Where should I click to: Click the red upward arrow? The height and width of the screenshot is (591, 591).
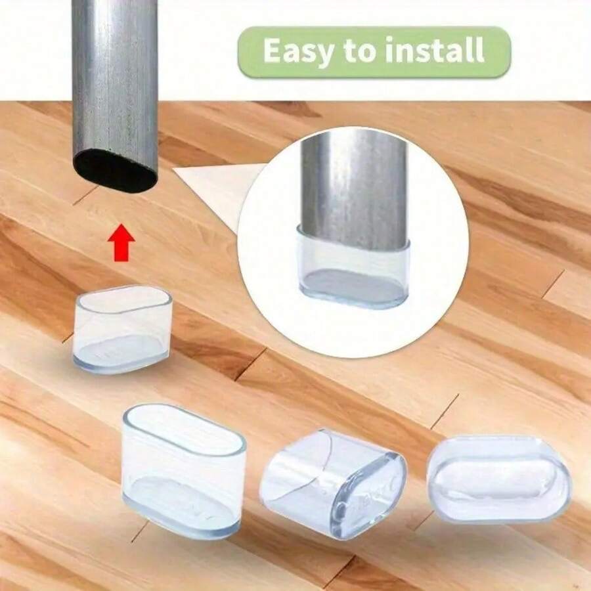(120, 244)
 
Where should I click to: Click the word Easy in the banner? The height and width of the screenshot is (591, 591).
(293, 51)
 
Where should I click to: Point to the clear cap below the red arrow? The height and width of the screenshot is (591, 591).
(123, 330)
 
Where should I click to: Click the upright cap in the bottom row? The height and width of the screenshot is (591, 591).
(184, 470)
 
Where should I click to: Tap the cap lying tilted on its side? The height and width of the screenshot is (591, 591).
(332, 474)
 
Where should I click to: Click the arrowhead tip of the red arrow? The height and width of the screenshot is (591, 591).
(120, 227)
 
